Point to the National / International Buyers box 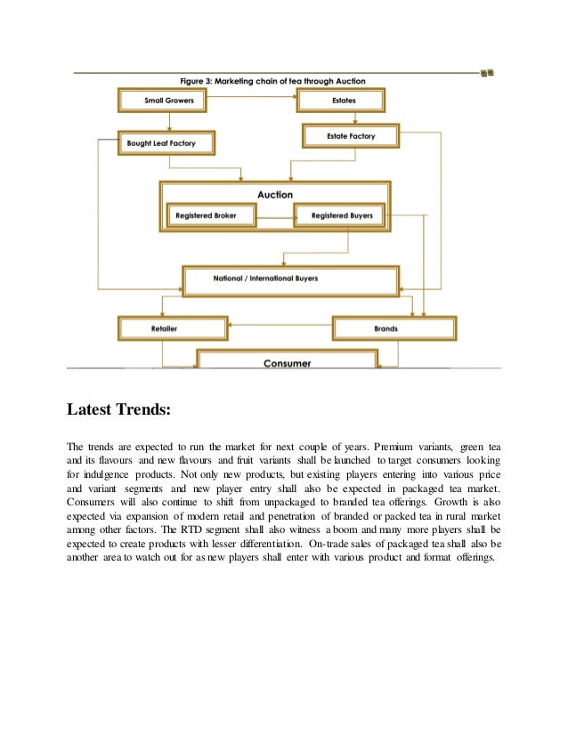click(x=289, y=279)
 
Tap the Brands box click(x=393, y=328)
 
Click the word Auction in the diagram click(x=274, y=194)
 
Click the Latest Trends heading click(x=117, y=410)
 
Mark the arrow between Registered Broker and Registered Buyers click(x=276, y=215)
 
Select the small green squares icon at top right click(x=487, y=72)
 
